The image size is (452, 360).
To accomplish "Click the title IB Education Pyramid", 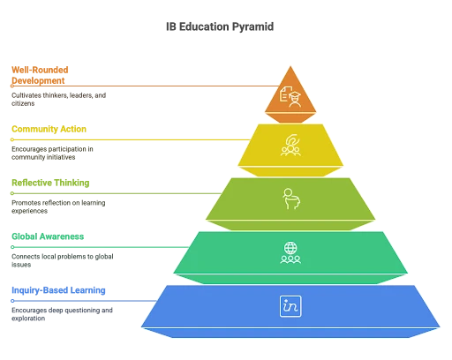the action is pyautogui.click(x=220, y=26).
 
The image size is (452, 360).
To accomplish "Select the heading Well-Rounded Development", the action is pyautogui.click(x=40, y=75).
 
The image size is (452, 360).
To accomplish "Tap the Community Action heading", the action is pyautogui.click(x=49, y=129).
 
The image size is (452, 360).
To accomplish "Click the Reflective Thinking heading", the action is pyautogui.click(x=50, y=183).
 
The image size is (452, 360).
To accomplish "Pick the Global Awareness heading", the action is pyautogui.click(x=48, y=236).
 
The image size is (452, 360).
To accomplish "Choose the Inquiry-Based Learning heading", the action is pyautogui.click(x=58, y=290).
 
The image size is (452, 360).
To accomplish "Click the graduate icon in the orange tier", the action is pyautogui.click(x=290, y=96).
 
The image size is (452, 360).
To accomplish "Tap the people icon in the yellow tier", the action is pyautogui.click(x=290, y=145).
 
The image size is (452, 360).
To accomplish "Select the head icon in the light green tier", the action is pyautogui.click(x=291, y=199).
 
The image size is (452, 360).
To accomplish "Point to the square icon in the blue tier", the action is pyautogui.click(x=290, y=306).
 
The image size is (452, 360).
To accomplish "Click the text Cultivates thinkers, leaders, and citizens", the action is pyautogui.click(x=58, y=100).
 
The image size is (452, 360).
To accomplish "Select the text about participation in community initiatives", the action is pyautogui.click(x=52, y=154).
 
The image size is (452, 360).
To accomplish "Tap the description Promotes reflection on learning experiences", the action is pyautogui.click(x=58, y=206).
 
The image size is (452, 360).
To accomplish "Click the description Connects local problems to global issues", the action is pyautogui.click(x=63, y=260).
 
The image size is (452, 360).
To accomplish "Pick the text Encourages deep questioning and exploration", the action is pyautogui.click(x=62, y=314).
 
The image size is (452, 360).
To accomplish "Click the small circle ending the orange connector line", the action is pyautogui.click(x=12, y=86).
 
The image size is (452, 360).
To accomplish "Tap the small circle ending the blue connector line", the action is pyautogui.click(x=12, y=301).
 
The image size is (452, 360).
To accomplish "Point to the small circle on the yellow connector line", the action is pyautogui.click(x=12, y=139).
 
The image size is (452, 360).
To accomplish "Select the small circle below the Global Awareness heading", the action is pyautogui.click(x=12, y=247).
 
